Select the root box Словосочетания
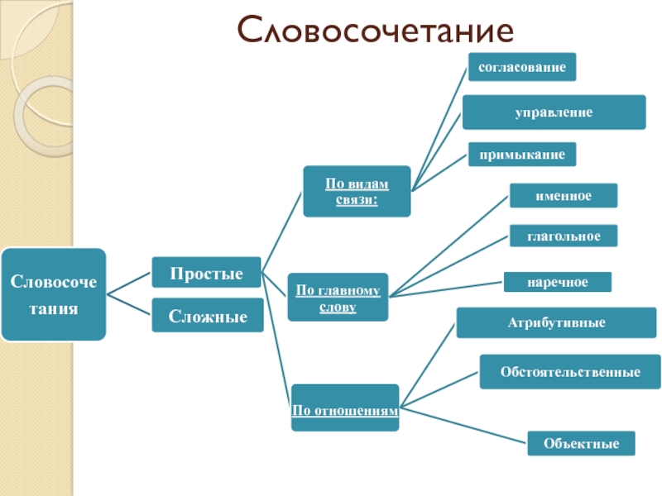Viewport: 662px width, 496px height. tap(54, 294)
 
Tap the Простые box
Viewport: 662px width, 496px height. tap(206, 273)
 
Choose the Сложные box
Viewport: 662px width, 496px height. tap(208, 315)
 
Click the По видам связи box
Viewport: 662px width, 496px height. tap(356, 191)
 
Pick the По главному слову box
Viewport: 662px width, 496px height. tap(337, 298)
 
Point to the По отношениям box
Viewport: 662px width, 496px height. tap(344, 408)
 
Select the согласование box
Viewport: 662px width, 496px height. tap(521, 67)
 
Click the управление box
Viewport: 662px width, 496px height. tap(554, 112)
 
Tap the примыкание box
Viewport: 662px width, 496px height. tap(521, 154)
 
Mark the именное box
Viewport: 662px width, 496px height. tap(563, 195)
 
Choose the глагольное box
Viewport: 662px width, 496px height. tap(563, 236)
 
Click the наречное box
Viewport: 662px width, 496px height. tap(558, 282)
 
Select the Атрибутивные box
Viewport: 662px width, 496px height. tap(556, 322)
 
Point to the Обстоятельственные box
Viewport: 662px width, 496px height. tap(570, 371)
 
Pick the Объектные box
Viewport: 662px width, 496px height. tap(581, 443)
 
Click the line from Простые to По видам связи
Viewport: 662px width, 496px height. tap(281, 231)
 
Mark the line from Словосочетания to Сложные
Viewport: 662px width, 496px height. tap(129, 303)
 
